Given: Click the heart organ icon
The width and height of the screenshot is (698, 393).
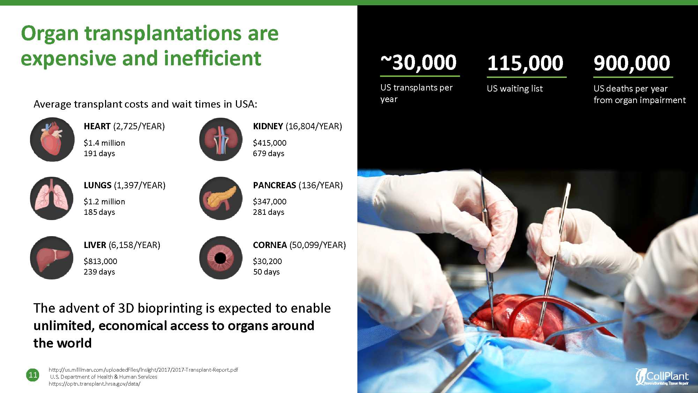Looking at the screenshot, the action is coord(52,139).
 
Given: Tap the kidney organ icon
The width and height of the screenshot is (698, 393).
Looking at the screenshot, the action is coord(221,139).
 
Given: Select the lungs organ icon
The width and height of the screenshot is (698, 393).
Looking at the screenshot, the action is coord(52,198).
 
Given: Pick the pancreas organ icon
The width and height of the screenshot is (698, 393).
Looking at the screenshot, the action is coord(221,198).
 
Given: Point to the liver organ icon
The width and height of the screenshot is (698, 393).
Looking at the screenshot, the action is coord(52,258).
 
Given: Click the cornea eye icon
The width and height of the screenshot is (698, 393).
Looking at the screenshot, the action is coord(221,258).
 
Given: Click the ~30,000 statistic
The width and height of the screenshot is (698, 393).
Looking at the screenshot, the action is coord(418,63).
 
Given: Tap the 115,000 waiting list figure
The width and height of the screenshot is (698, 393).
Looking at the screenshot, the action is coord(525,63).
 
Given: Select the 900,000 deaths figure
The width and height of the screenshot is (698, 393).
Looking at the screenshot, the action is coord(632,63).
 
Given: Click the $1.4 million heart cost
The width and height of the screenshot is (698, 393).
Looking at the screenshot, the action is coord(104,143).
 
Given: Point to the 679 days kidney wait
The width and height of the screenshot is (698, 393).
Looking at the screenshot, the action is coord(269,153).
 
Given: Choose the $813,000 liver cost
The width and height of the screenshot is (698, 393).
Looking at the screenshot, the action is coord(101,261).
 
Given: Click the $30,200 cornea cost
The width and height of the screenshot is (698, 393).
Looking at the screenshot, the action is coord(267,261).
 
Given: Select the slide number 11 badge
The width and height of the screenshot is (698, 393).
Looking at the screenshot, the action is coord(33,375).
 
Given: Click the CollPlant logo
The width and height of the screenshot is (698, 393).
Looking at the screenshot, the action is coord(662,377).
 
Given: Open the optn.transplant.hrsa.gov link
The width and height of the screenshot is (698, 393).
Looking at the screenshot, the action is coord(95,384).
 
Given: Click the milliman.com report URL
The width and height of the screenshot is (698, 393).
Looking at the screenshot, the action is coord(143,370).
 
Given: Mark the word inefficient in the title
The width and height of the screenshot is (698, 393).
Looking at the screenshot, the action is coord(212,58).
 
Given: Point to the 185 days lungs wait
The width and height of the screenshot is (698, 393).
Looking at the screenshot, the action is coord(99,212).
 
